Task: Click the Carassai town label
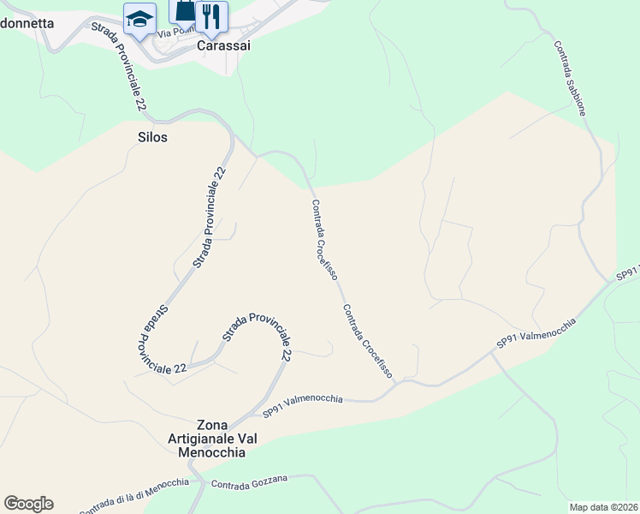point(223,46)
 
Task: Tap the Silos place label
point(152,137)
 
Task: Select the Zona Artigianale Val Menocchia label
point(215,439)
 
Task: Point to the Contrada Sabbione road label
point(570,79)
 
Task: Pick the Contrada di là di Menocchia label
point(133,496)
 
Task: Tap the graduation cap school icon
point(139,18)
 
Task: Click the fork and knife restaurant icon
point(211,15)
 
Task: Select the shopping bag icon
point(185,9)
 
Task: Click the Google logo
point(28,504)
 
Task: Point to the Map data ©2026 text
point(604,507)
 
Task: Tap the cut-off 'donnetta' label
point(27,24)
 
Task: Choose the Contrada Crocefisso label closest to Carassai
point(324,240)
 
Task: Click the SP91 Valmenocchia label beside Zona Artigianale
point(303,404)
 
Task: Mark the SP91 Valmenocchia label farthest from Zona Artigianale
point(536,332)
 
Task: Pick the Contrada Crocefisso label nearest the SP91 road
point(367,341)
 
